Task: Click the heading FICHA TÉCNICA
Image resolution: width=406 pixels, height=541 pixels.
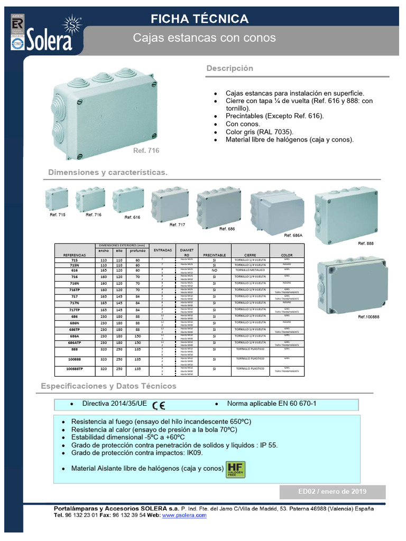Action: pos(199,20)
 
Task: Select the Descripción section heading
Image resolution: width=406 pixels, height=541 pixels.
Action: pos(229,69)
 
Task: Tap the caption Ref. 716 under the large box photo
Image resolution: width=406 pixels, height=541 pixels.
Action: pos(146,151)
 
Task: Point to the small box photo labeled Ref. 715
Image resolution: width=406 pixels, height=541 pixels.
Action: pos(57,198)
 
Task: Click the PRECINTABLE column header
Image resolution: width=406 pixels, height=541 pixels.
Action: pos(214,255)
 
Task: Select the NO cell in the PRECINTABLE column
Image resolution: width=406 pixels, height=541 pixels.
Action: pos(214,269)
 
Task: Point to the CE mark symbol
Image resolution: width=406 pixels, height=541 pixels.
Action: pos(159,406)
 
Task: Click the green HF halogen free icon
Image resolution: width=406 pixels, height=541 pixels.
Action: pos(235,469)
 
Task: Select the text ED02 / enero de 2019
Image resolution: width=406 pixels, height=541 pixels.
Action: pos(333,492)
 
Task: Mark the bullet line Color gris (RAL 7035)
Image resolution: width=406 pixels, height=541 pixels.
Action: pos(259,132)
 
